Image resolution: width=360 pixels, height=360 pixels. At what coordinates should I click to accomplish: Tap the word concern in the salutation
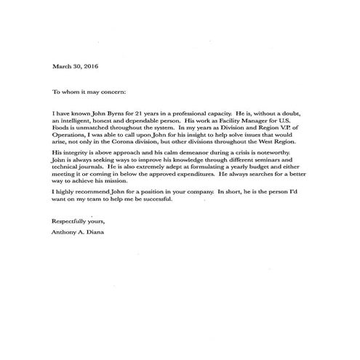click(111, 92)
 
